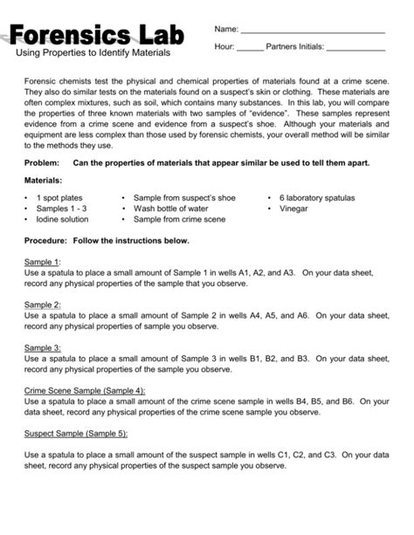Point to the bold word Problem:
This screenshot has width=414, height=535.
(44, 162)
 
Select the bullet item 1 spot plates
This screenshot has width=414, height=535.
(59, 198)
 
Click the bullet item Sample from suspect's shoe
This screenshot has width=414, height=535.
(184, 198)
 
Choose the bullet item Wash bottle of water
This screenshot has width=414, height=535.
(171, 209)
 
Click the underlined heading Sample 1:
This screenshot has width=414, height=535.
(43, 262)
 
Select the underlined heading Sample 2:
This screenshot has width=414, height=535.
(43, 304)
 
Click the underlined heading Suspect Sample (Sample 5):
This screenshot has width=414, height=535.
(76, 432)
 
